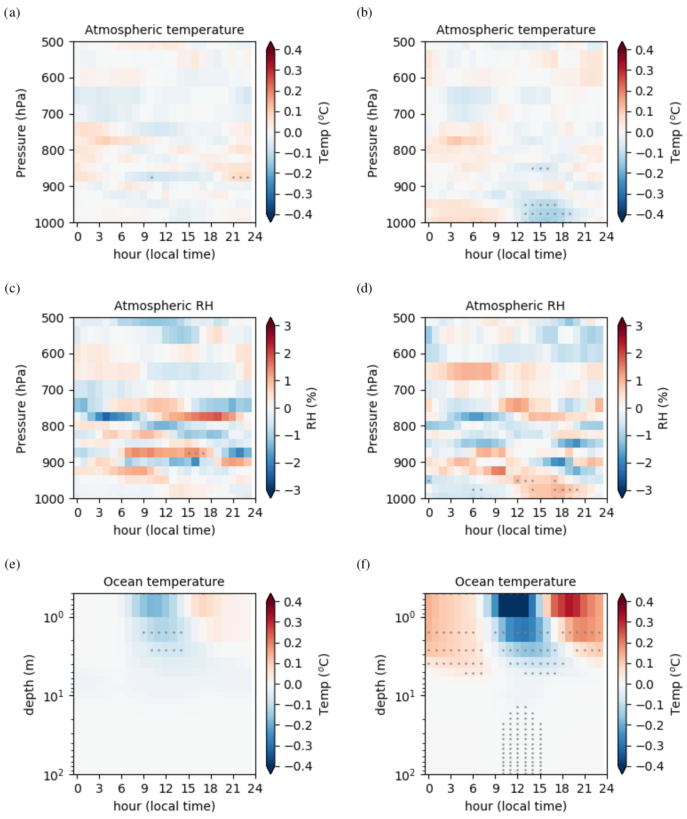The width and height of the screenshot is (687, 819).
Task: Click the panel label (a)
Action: click(x=12, y=13)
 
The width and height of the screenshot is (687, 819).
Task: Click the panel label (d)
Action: click(x=364, y=288)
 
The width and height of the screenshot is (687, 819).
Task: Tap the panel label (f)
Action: click(x=363, y=564)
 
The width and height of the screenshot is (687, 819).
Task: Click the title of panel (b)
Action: click(x=515, y=30)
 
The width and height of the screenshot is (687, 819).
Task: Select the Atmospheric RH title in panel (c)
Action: click(x=164, y=306)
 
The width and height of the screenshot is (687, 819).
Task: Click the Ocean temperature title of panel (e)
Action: click(x=164, y=581)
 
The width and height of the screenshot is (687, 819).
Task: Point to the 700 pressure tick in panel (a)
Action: click(x=52, y=114)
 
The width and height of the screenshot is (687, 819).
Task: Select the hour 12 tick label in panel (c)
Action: click(x=166, y=512)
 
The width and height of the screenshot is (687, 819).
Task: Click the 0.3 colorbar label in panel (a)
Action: click(x=293, y=71)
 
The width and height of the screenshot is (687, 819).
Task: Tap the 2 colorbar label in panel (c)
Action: click(x=288, y=354)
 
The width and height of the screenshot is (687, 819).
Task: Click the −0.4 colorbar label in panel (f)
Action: click(x=650, y=766)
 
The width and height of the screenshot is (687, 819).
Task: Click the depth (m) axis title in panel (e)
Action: click(x=29, y=684)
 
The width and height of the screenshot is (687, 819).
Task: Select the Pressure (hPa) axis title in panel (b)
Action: click(x=372, y=133)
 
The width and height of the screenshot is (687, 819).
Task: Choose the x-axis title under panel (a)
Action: click(x=164, y=254)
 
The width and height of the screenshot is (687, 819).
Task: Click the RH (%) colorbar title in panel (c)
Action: click(x=311, y=408)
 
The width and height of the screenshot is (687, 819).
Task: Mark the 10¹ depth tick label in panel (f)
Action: click(x=405, y=696)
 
